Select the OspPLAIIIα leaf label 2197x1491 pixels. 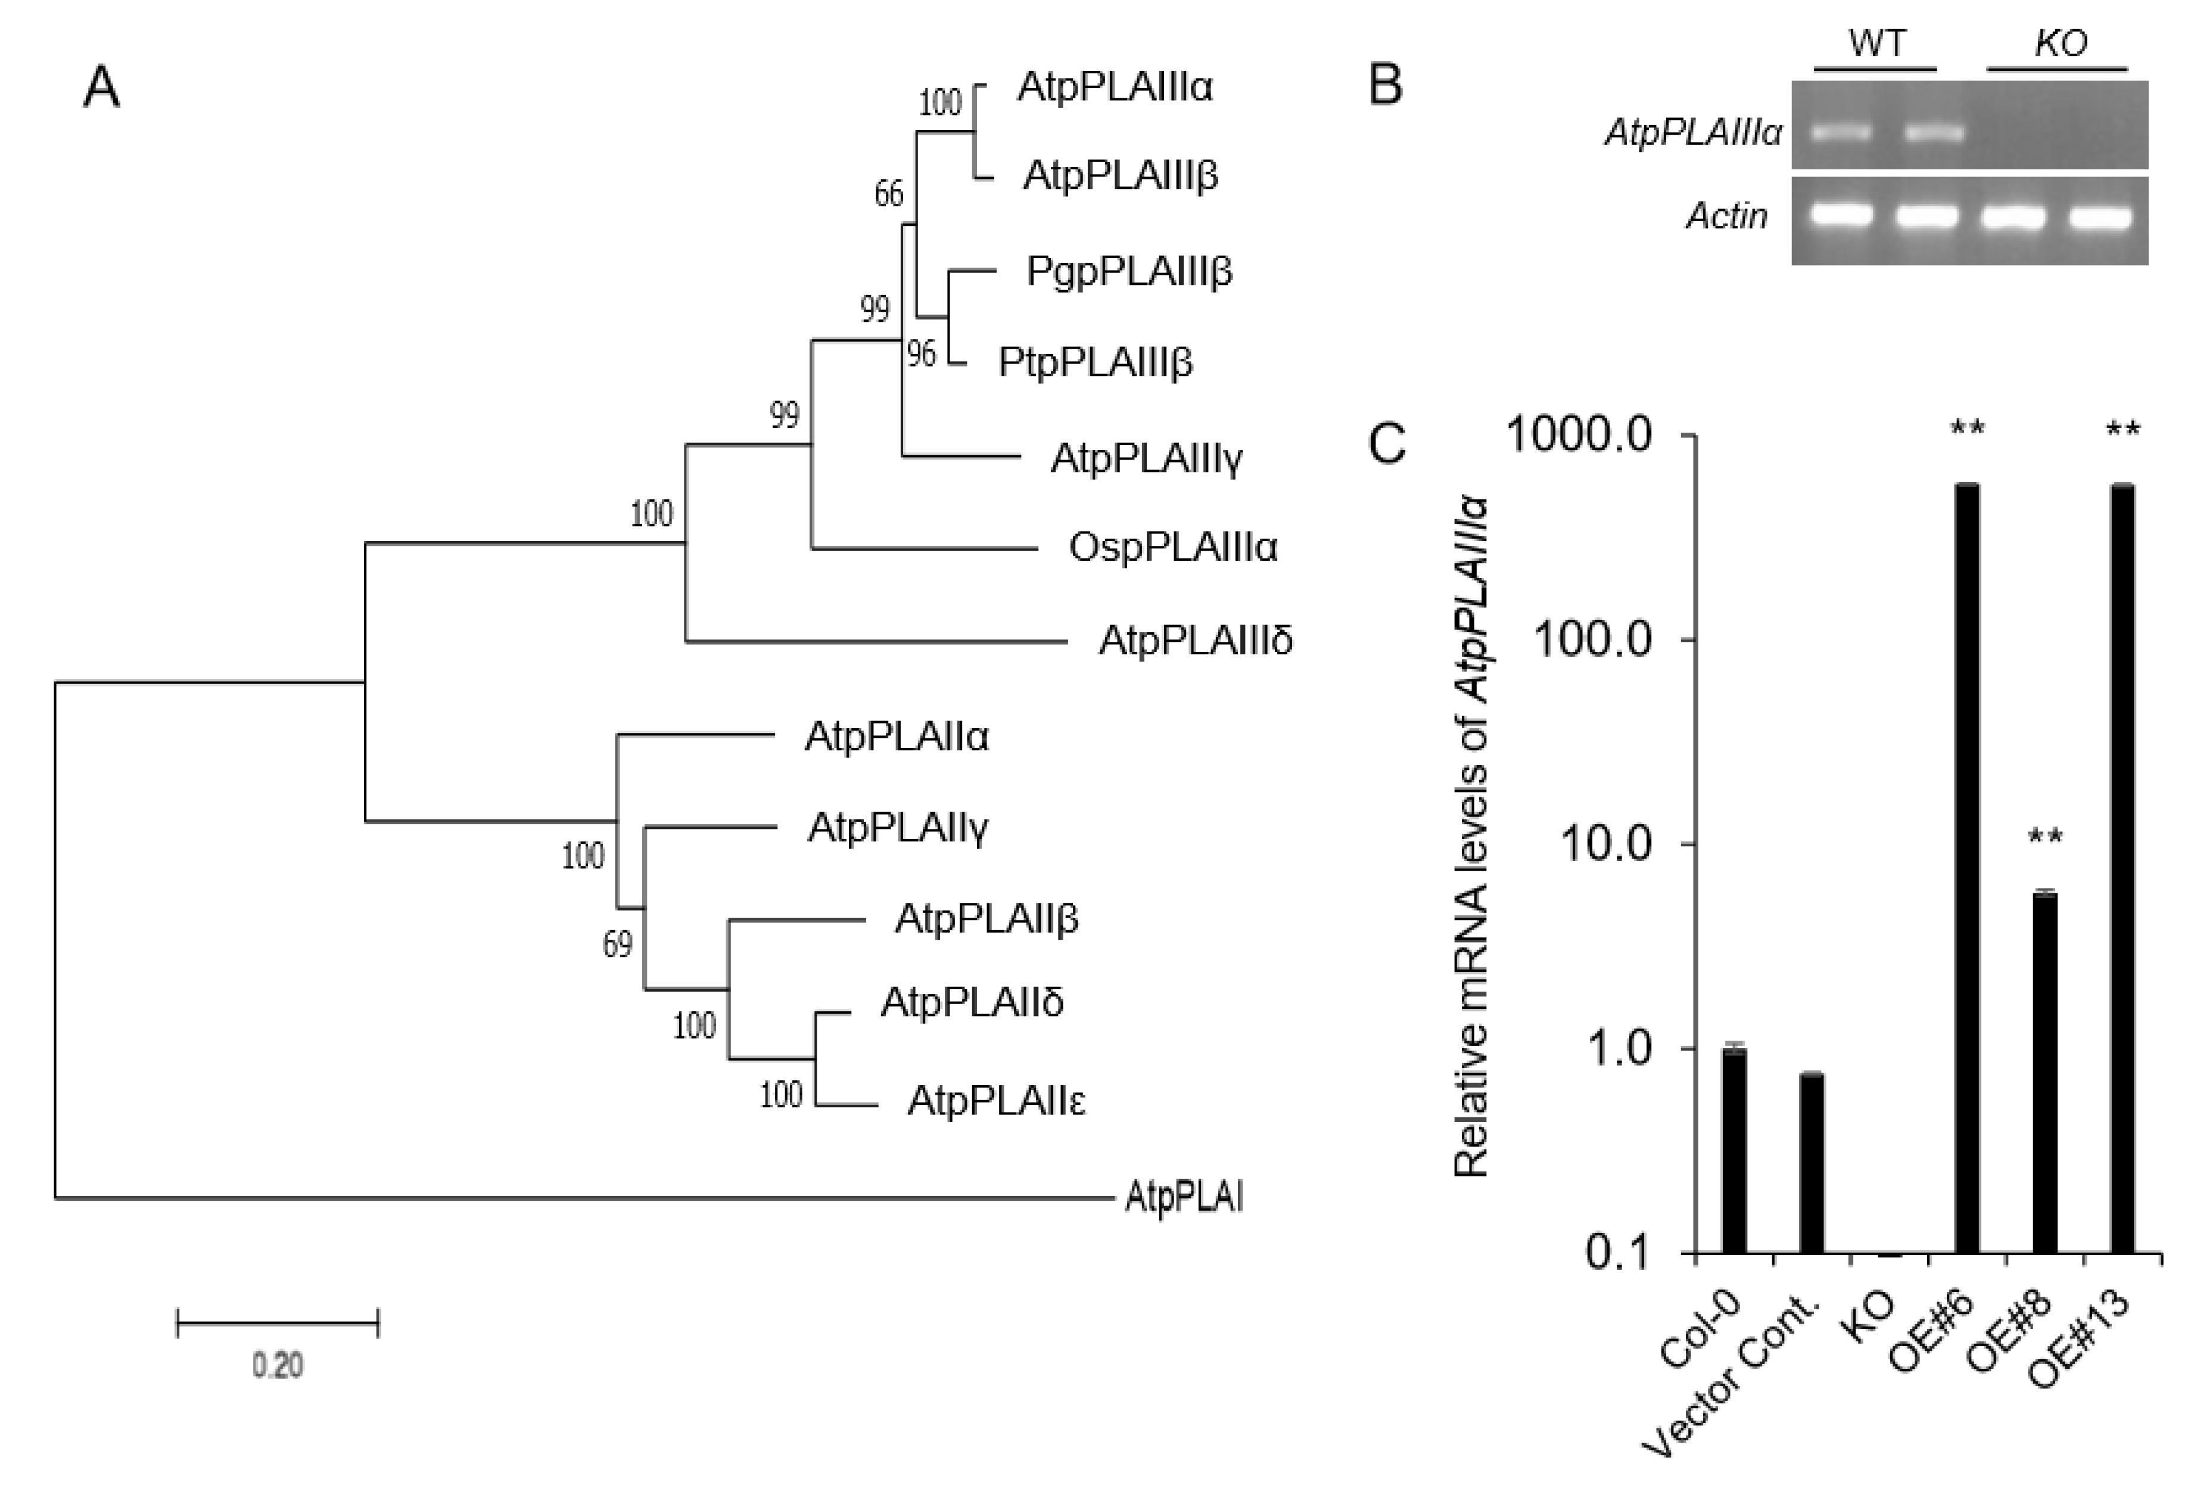pyautogui.click(x=1173, y=548)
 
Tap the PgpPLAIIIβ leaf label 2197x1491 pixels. pyautogui.click(x=1129, y=272)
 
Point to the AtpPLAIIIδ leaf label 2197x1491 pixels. pyautogui.click(x=1195, y=641)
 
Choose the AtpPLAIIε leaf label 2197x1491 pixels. pyautogui.click(x=997, y=1101)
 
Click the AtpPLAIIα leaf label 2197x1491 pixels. pyautogui.click(x=896, y=737)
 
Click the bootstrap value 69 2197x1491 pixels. pyautogui.click(x=617, y=943)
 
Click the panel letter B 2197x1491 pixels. pyautogui.click(x=1386, y=85)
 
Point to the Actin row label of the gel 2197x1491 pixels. pyautogui.click(x=1727, y=216)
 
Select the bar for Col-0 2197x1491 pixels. pyautogui.click(x=1734, y=1151)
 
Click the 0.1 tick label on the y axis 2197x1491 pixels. pyautogui.click(x=1617, y=1253)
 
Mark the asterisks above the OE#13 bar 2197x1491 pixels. pyautogui.click(x=2123, y=430)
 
